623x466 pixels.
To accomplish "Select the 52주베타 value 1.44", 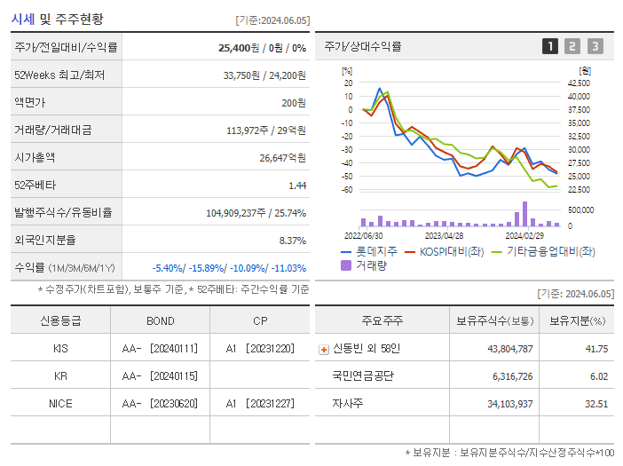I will pyautogui.click(x=296, y=186).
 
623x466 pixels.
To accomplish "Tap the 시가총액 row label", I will pyautogui.click(x=35, y=158).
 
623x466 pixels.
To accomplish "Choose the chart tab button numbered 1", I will pyautogui.click(x=550, y=46).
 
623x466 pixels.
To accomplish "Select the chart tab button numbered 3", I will pyautogui.click(x=595, y=46).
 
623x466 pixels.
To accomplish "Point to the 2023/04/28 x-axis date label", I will pyautogui.click(x=444, y=236).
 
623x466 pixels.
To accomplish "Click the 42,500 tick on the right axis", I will pyautogui.click(x=578, y=83).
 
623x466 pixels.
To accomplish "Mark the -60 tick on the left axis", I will pyautogui.click(x=348, y=190).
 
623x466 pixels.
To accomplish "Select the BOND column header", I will pyautogui.click(x=160, y=321).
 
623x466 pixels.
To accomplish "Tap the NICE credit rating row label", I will pyautogui.click(x=60, y=403).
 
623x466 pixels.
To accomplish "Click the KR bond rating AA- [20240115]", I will pyautogui.click(x=160, y=375).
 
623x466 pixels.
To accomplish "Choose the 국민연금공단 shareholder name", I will pyautogui.click(x=364, y=375).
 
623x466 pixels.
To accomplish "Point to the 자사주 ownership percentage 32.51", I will pyautogui.click(x=594, y=403).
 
